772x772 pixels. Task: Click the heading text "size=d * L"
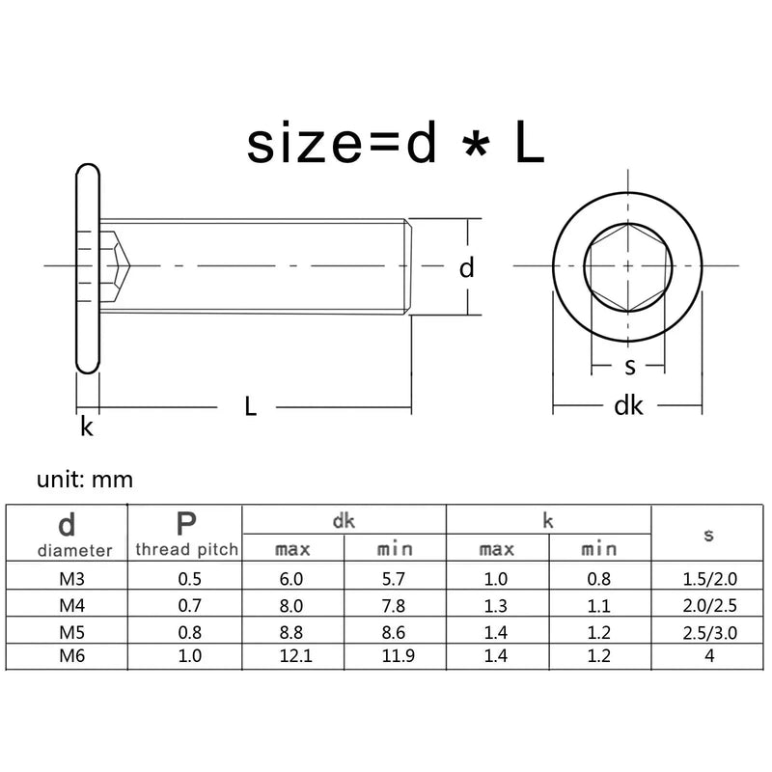tap(395, 146)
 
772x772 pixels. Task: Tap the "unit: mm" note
tap(85, 479)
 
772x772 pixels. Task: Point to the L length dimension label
tap(250, 407)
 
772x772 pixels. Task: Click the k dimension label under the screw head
tap(87, 427)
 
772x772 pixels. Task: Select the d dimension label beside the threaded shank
tap(466, 267)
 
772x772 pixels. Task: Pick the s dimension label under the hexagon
tap(629, 366)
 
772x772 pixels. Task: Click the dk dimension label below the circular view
tap(628, 406)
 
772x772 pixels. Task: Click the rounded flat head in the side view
tap(87, 267)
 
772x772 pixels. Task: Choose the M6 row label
tap(67, 655)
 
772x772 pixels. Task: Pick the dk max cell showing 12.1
tap(292, 655)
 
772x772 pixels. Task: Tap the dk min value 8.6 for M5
tap(395, 630)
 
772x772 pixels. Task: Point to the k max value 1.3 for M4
tap(497, 604)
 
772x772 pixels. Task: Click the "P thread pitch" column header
tap(185, 535)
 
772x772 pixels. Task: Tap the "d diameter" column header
tap(67, 535)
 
